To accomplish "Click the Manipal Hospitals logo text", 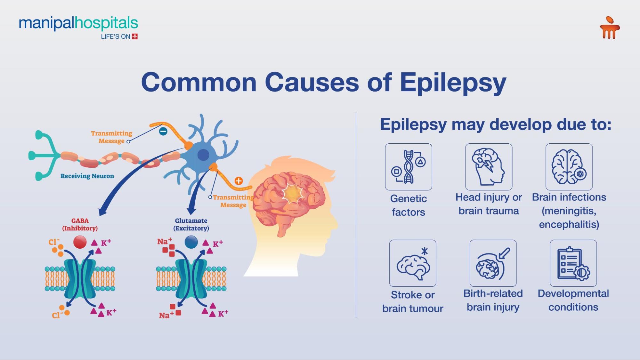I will (78, 23).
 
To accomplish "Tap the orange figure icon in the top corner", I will (610, 28).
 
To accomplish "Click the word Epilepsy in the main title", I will (453, 83).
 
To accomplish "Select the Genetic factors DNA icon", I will (409, 167).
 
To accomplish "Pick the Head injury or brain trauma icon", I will (489, 167).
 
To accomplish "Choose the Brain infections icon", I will (569, 167).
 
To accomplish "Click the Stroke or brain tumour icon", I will (413, 263).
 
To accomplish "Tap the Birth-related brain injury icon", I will (493, 263).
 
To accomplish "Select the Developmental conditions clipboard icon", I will (573, 263).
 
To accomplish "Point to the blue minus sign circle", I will (163, 131).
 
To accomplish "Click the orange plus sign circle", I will (239, 181).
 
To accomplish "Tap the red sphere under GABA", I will (80, 242).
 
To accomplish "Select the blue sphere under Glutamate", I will (191, 242).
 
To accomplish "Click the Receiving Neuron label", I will (87, 176).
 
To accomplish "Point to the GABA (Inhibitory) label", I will (80, 224).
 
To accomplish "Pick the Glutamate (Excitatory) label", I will (191, 224).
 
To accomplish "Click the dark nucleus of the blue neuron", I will (203, 155).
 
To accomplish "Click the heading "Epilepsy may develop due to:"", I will (496, 124).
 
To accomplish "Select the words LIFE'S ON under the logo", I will (116, 36).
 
